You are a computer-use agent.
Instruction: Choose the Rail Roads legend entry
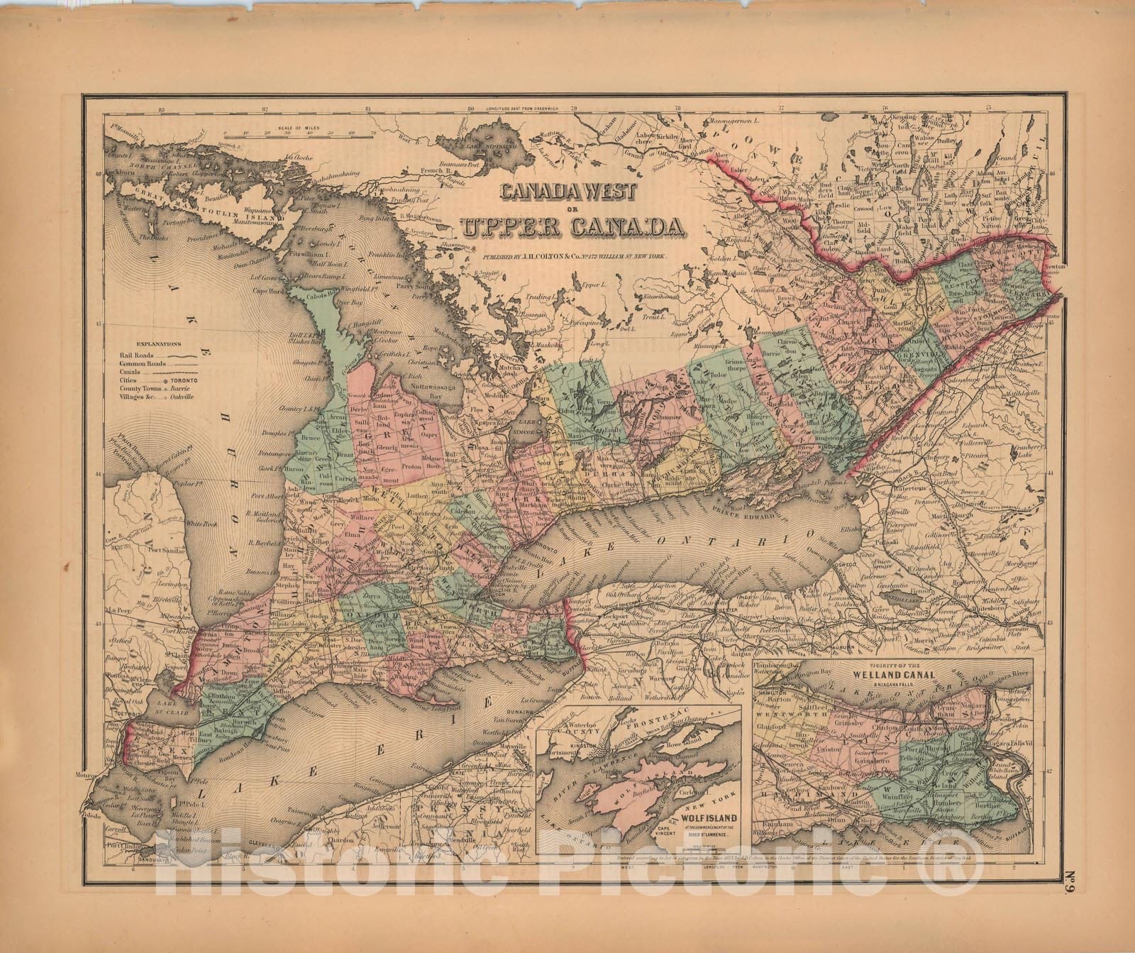(136, 353)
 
